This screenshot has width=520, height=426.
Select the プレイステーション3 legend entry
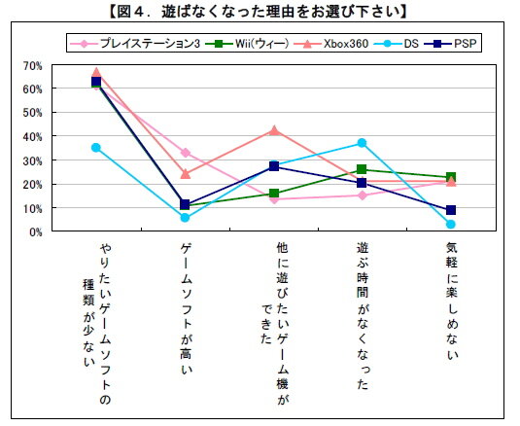136,44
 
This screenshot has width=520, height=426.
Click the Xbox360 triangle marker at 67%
96,72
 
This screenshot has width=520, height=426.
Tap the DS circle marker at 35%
96,148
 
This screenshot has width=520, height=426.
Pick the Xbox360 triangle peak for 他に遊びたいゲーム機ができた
274,129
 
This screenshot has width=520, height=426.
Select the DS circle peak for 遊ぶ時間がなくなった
362,143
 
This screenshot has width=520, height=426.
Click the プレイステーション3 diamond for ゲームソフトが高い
185,153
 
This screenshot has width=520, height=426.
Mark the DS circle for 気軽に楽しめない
451,225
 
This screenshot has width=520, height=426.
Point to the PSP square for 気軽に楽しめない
451,210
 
